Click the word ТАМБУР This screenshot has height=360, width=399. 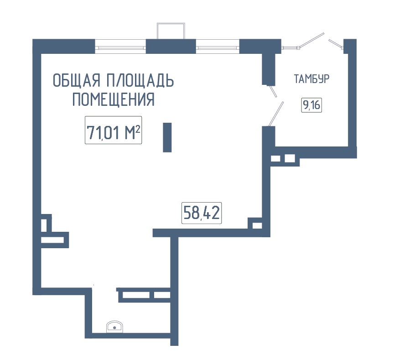tap(312, 79)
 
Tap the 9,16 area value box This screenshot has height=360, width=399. tap(312, 104)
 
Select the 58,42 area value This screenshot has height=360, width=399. tap(202, 213)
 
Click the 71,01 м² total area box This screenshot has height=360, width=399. tap(113, 130)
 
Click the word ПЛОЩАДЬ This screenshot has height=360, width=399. tap(140, 80)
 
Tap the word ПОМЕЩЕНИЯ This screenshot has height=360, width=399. tap(114, 99)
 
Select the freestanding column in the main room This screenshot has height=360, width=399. tap(167, 137)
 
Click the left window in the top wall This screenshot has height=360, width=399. tap(120, 47)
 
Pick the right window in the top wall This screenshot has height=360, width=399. tap(218, 47)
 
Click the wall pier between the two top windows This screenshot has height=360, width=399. tap(171, 47)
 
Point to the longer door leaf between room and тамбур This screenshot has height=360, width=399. tap(276, 114)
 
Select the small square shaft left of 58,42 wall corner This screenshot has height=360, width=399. tap(257, 225)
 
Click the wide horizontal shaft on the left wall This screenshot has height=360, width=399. tap(52, 240)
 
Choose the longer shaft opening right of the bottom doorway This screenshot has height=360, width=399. tap(136, 295)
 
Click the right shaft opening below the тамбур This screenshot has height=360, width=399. tap(290, 158)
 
